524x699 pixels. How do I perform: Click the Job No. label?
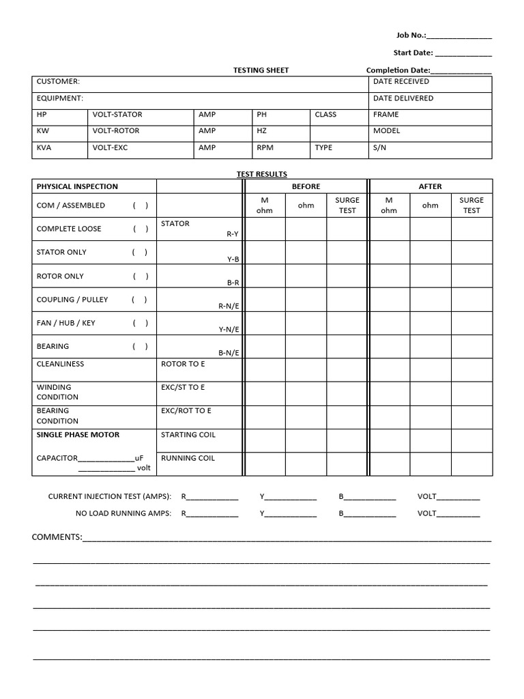click(x=411, y=35)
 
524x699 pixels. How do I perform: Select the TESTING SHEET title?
click(x=261, y=70)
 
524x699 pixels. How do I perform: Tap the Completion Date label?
click(x=398, y=70)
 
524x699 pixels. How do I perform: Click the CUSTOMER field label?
click(x=58, y=81)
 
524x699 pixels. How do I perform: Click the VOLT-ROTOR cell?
click(x=116, y=131)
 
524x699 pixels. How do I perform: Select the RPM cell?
click(x=265, y=147)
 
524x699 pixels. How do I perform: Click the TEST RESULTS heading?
click(x=261, y=175)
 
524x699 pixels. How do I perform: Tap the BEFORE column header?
click(x=306, y=186)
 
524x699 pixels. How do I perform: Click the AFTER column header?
click(x=430, y=186)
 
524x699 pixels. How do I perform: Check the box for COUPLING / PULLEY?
click(x=139, y=300)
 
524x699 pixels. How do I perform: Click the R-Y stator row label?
click(x=232, y=233)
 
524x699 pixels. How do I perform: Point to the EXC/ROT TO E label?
click(x=186, y=411)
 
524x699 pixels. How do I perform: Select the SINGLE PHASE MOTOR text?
click(x=78, y=435)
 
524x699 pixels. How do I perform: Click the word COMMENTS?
click(x=57, y=537)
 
